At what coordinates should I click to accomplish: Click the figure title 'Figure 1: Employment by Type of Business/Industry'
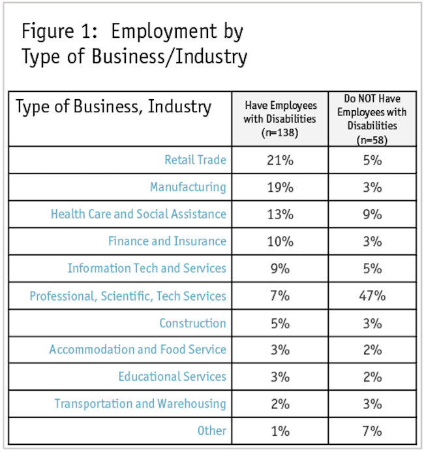point(134,44)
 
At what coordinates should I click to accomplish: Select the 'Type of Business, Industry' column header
point(114,107)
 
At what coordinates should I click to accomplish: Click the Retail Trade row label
point(195,160)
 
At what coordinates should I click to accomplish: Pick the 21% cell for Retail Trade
point(279,160)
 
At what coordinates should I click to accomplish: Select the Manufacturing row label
point(188,187)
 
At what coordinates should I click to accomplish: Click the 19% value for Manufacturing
point(279,187)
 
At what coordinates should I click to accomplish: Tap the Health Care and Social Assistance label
point(138,214)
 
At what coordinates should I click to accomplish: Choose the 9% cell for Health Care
point(372,214)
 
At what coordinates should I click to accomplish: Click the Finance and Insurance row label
point(167,241)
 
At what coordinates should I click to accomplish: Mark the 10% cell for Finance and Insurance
point(279,241)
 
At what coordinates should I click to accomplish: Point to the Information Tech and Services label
point(147,268)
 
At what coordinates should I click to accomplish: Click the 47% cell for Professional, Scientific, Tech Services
point(372,295)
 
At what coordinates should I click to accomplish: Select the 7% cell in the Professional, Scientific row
point(279,295)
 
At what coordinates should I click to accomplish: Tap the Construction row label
point(192,323)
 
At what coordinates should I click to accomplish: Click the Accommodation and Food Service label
point(138,350)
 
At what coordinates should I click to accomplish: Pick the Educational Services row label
point(172,376)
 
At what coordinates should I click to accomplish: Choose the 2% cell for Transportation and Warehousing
point(279,404)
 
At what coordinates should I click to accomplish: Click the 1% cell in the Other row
point(279,430)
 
